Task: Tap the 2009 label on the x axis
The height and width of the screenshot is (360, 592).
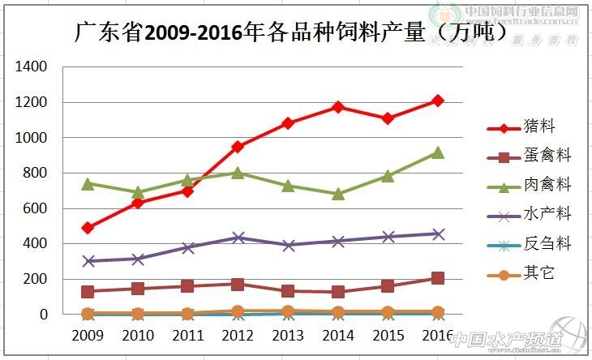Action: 87,335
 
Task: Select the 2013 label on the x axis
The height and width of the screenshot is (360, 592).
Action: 287,335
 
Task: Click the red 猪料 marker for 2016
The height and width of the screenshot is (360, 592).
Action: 437,101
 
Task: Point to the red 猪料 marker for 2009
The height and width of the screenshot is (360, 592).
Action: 88,228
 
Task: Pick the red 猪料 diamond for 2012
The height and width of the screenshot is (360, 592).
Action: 238,147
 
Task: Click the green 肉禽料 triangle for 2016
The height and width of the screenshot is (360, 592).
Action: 437,152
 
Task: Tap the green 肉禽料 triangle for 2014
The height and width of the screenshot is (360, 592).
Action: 337,194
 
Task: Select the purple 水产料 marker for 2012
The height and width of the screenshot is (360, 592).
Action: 238,238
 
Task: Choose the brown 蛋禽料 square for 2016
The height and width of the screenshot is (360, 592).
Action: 437,278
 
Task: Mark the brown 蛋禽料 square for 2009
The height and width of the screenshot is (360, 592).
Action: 88,291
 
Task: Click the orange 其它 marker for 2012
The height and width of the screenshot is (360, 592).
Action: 238,311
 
